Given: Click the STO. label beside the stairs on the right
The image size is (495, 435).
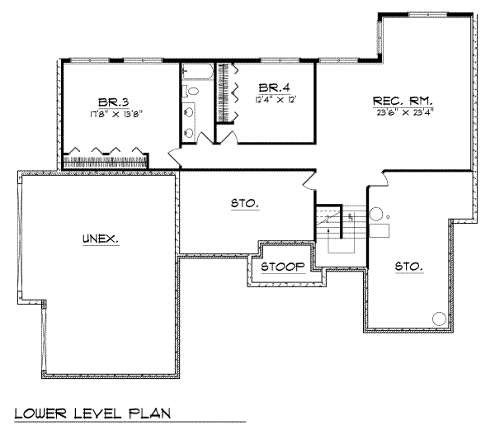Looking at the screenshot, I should pos(408,267).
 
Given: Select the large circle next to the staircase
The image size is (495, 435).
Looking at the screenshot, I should pos(376,213).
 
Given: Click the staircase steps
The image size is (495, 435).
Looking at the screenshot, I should pos(339,231).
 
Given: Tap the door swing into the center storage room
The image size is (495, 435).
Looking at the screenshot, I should pos(308,179).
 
